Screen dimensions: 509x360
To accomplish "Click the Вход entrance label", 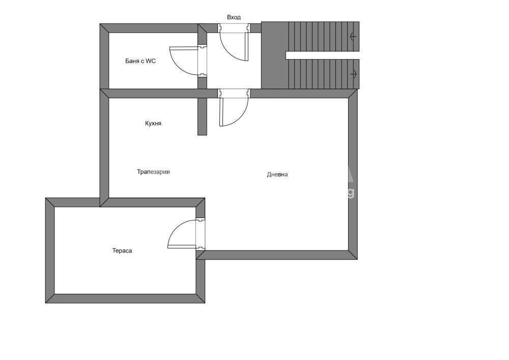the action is [x=234, y=17].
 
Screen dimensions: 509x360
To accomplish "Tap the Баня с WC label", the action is [x=140, y=61].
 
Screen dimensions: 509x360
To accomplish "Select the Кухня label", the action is [x=153, y=123].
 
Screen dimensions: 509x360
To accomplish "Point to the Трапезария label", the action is [x=153, y=172].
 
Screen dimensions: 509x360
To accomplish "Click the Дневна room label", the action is [x=277, y=175].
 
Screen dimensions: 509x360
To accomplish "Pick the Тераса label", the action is [x=122, y=251].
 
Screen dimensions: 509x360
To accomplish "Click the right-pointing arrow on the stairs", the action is [x=354, y=74].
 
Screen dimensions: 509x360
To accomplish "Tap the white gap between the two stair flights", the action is [x=322, y=55].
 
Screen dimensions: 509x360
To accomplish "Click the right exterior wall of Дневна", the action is [x=353, y=174].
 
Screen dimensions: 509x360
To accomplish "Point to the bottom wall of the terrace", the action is [x=125, y=299].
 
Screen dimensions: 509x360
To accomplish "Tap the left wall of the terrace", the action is [x=50, y=251].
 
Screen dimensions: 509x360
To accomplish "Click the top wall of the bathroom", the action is [x=149, y=28].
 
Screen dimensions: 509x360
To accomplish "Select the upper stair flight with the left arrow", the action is [x=324, y=36].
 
